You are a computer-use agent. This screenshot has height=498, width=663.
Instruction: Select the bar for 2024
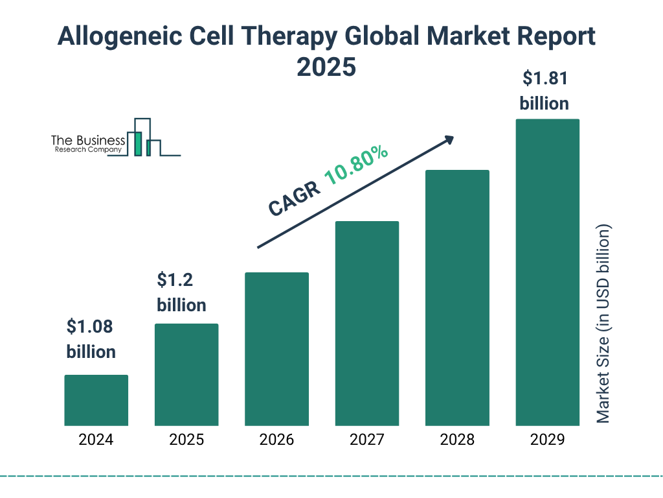[x=96, y=400]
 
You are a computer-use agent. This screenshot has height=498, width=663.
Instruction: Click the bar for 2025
[x=186, y=375]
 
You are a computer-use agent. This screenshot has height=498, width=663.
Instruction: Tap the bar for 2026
[x=276, y=349]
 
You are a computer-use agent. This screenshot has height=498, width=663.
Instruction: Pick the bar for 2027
[x=366, y=324]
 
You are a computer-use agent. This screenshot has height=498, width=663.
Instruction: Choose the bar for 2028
[x=457, y=298]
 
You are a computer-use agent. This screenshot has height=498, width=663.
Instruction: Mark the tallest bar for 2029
[x=547, y=272]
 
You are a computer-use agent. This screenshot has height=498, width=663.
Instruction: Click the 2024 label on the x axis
[x=96, y=440]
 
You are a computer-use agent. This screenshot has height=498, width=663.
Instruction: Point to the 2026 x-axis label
[x=276, y=440]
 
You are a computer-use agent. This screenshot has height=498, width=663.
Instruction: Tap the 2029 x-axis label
[x=547, y=440]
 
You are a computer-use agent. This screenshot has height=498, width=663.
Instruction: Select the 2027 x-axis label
[x=366, y=440]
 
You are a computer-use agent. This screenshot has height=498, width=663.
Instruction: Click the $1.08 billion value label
[x=91, y=339]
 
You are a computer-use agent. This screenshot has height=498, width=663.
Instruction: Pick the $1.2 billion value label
[x=181, y=292]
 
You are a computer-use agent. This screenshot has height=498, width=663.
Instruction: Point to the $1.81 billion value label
[x=545, y=91]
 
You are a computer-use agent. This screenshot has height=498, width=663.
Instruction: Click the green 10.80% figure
[x=356, y=165]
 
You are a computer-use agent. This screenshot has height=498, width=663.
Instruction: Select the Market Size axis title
[x=603, y=324]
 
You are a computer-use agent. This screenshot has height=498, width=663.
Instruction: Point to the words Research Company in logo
[x=87, y=150]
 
